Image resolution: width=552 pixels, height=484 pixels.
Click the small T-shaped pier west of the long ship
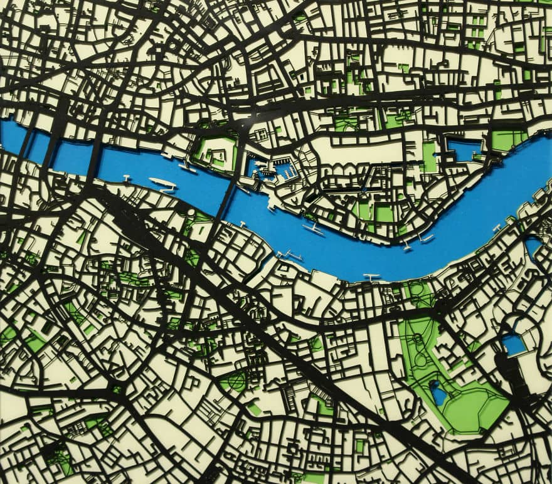point(127,178)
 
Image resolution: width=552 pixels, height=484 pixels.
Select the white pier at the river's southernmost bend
point(371,276)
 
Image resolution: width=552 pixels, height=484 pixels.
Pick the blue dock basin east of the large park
point(513,344)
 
